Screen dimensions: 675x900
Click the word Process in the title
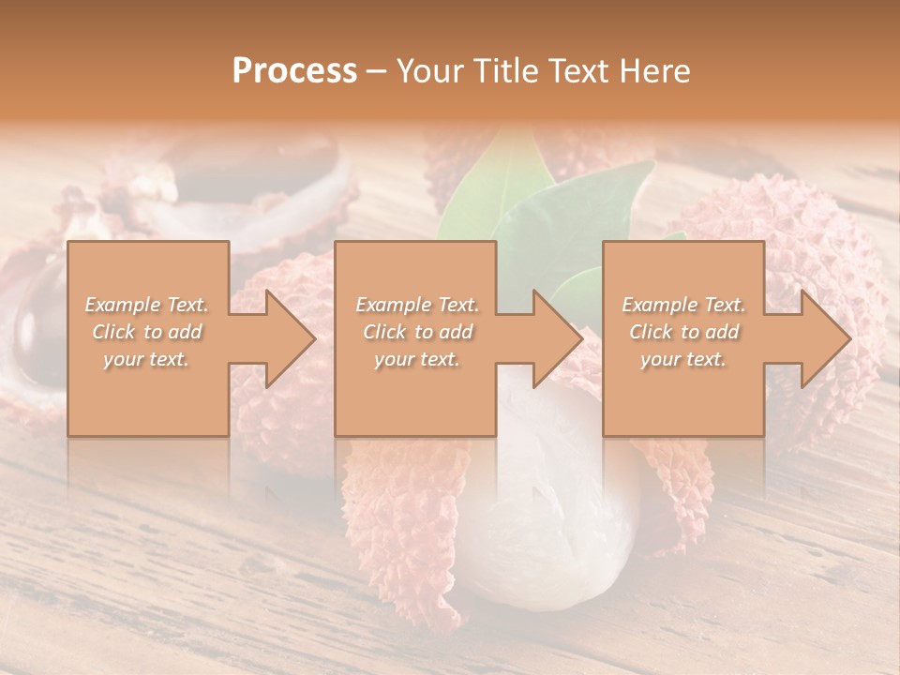tap(294, 71)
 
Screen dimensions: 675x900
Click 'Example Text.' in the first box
tap(147, 305)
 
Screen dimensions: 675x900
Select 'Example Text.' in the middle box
tap(416, 305)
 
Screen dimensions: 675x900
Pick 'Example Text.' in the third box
tap(683, 305)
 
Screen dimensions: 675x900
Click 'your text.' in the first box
tap(147, 359)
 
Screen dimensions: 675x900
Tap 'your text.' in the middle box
tap(416, 359)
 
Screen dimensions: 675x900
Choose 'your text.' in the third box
tap(683, 359)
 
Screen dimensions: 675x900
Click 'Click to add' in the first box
tap(147, 332)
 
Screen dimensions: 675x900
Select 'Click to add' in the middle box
tap(416, 332)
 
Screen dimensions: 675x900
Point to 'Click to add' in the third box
tap(683, 332)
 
